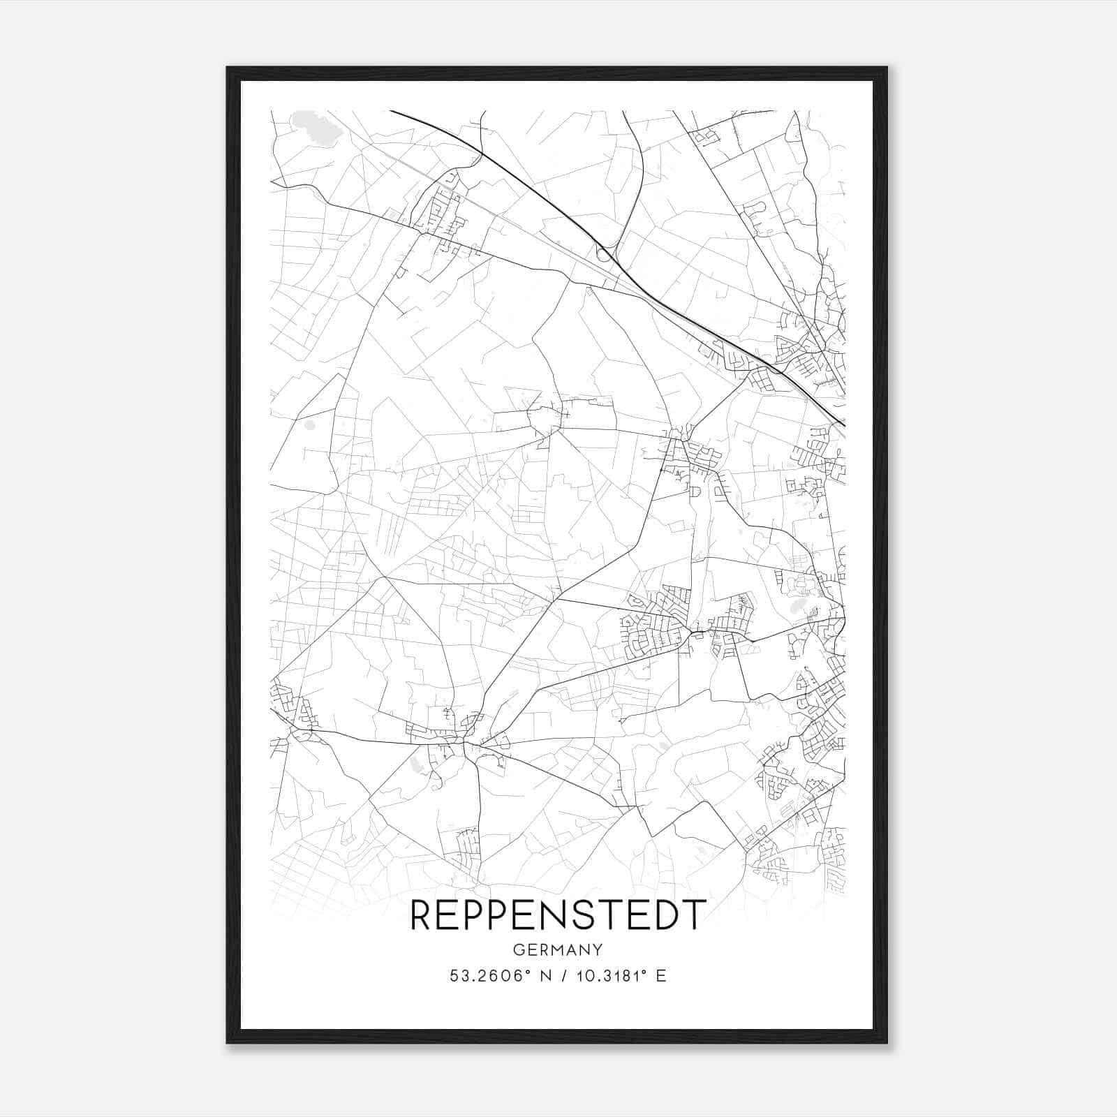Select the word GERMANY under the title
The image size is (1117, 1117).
click(558, 949)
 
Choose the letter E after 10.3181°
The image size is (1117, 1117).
click(660, 976)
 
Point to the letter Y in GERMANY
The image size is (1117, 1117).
click(598, 949)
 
